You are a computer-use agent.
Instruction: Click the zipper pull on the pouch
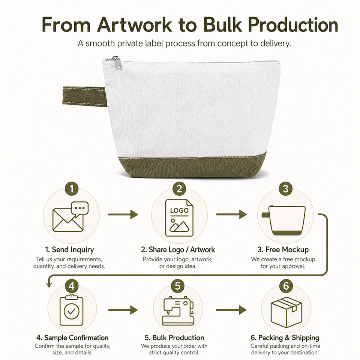[117, 63]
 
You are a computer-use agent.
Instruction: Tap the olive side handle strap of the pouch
[84, 97]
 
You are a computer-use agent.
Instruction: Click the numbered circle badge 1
[72, 189]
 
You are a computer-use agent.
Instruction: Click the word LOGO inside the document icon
[179, 210]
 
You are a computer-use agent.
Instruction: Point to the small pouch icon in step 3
[284, 220]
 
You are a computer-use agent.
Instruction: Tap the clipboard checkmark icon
[71, 310]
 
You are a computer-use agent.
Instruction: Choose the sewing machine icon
[178, 310]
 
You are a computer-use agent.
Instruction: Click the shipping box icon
[286, 312]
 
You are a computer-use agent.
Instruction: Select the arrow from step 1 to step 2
[123, 214]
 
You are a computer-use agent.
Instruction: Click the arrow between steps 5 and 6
[231, 310]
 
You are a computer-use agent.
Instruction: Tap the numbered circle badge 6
[286, 286]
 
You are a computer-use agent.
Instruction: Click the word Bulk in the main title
[222, 25]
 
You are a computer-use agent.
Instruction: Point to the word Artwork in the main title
[134, 25]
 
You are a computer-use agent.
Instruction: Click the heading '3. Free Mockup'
[283, 250]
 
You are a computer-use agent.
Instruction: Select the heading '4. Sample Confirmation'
[72, 338]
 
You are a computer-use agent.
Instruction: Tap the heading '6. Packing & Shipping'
[285, 338]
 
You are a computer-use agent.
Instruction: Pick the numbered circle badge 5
[178, 286]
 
